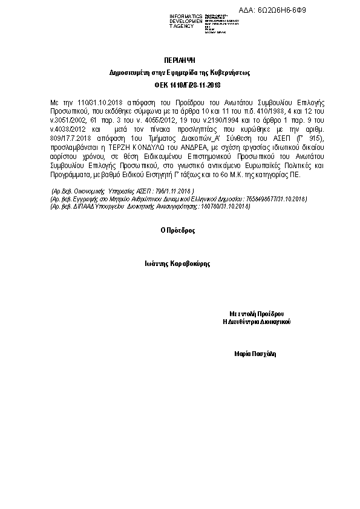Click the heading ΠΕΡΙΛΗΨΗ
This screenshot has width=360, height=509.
[180, 61]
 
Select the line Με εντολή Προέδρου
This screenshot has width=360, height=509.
[257, 314]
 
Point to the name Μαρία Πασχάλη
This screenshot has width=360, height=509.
[256, 353]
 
